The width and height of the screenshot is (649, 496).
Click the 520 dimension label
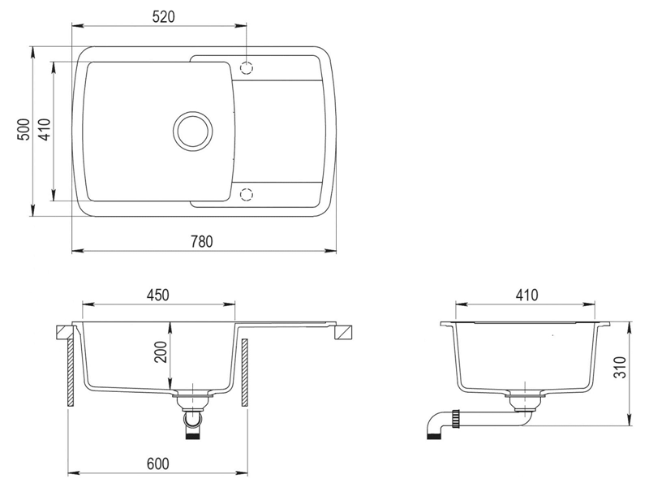[x=164, y=16]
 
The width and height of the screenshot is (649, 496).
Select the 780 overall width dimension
[x=201, y=241]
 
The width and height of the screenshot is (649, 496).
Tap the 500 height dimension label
[x=24, y=130]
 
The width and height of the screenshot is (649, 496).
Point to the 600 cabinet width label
[x=157, y=464]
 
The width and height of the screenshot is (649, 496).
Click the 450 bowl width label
[x=157, y=295]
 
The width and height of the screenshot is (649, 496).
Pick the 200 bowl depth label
[x=161, y=352]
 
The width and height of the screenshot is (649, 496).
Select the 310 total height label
[x=620, y=367]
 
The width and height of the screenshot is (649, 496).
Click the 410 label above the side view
[x=527, y=295]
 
